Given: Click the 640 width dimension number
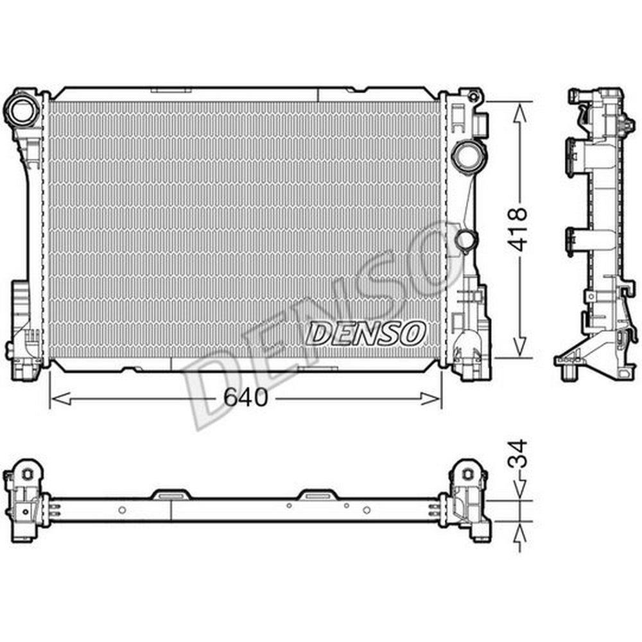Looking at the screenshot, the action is coord(246,397).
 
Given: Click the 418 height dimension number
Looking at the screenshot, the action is coord(517,229).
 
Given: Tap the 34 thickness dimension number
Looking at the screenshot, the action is coord(517,454).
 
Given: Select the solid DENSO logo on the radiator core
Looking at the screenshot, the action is coord(365,333).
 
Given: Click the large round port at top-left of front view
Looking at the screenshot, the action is coord(21,110).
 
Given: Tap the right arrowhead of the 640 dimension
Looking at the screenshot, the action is coord(430,398).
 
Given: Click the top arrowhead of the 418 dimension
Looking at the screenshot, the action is coord(520,113).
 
